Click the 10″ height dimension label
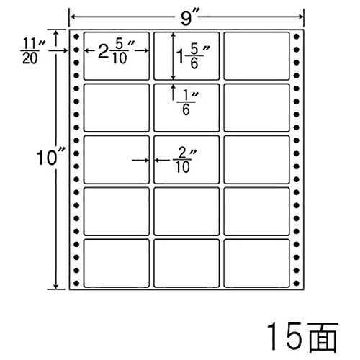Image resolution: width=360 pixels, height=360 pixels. pyautogui.click(x=50, y=158)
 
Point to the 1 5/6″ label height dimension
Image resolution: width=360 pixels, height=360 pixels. pyautogui.click(x=193, y=57)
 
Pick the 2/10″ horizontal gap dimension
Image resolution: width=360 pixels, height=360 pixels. pyautogui.click(x=184, y=161)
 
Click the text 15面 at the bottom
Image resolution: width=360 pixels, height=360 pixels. pyautogui.click(x=302, y=337)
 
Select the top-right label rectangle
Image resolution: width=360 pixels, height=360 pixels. pyautogui.click(x=256, y=55)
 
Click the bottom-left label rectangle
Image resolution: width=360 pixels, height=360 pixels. pyautogui.click(x=117, y=264)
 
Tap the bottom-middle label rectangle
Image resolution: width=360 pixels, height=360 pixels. pyautogui.click(x=186, y=264)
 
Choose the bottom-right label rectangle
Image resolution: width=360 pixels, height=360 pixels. pyautogui.click(x=256, y=264)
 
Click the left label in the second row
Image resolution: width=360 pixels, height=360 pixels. pyautogui.click(x=117, y=108)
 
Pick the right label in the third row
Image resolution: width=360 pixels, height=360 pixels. pyautogui.click(x=256, y=160)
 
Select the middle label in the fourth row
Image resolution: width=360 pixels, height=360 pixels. pyautogui.click(x=186, y=212)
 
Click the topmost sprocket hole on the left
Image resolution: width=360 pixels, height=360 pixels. pyautogui.click(x=76, y=37)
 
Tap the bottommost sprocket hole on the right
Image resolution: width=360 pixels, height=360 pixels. pyautogui.click(x=297, y=283)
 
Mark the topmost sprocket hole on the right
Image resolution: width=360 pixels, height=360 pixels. pyautogui.click(x=297, y=37)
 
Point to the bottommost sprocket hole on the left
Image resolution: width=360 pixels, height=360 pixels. pyautogui.click(x=76, y=283)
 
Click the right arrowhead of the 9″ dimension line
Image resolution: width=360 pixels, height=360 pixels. pyautogui.click(x=301, y=17)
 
